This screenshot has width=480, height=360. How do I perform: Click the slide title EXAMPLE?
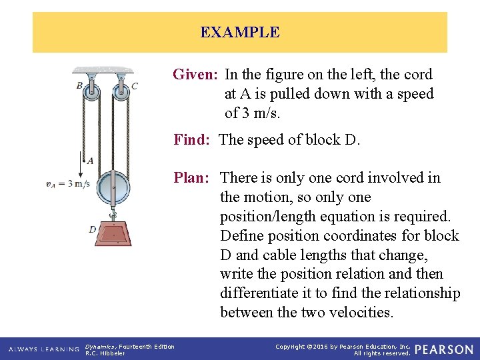pyautogui.click(x=240, y=32)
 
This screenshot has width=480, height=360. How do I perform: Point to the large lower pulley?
pyautogui.click(x=113, y=188)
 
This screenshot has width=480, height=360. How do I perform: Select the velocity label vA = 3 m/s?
pyautogui.click(x=68, y=184)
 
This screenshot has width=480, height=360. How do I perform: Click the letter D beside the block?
pyautogui.click(x=92, y=229)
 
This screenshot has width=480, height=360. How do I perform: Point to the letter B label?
pyautogui.click(x=79, y=85)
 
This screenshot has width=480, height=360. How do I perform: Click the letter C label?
pyautogui.click(x=135, y=85)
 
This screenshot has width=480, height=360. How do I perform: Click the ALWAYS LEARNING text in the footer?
pyautogui.click(x=44, y=349)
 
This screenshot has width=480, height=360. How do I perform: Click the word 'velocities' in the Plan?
pyautogui.click(x=364, y=312)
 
